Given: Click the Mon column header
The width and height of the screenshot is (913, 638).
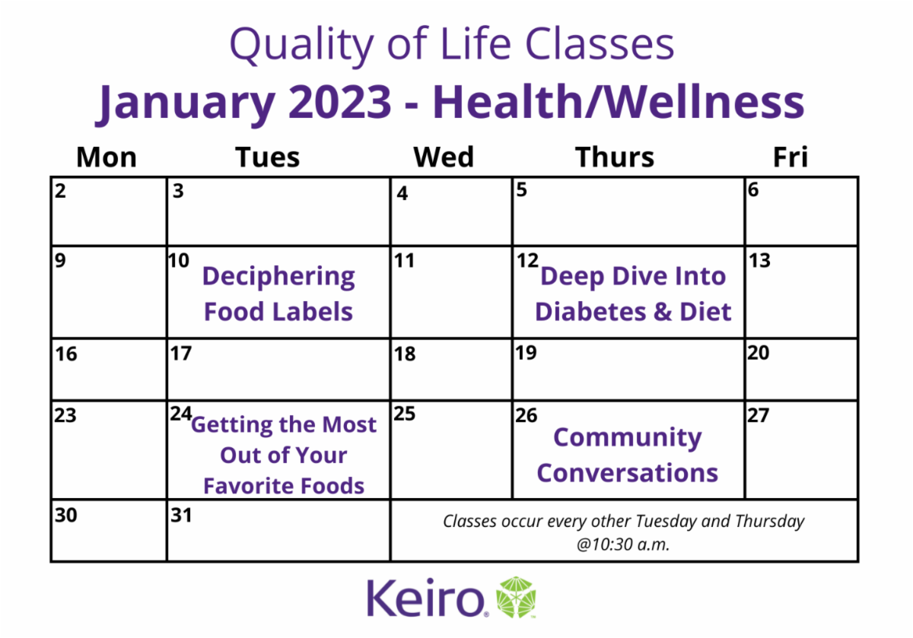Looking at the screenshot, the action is (x=107, y=157).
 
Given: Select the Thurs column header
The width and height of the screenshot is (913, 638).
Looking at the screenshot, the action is (x=614, y=157).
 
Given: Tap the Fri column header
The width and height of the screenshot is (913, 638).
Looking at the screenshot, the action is (x=791, y=157).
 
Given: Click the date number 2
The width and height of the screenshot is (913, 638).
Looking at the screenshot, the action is (x=60, y=191).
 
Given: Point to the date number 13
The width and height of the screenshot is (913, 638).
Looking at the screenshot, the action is (x=760, y=260).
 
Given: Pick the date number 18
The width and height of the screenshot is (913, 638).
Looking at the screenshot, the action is (x=405, y=354).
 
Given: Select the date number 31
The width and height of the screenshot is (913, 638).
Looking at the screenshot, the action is (x=181, y=515).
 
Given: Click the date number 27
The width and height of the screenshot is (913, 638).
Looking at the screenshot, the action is (x=758, y=415).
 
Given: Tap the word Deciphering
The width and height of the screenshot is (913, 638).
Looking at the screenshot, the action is (x=278, y=278).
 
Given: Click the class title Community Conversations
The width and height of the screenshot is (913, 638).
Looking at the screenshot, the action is (x=627, y=455).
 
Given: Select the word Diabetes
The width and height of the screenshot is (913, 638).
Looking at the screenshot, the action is (x=590, y=312).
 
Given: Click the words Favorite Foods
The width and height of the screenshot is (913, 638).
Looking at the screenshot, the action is (x=284, y=486).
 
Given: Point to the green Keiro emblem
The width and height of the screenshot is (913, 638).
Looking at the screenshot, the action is (x=516, y=597).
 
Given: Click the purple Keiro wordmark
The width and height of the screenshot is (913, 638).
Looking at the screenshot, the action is (x=426, y=597).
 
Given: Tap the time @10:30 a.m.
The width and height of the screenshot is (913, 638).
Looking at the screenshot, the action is (x=623, y=544).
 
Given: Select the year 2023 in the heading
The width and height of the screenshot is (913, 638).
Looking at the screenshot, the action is (x=340, y=102).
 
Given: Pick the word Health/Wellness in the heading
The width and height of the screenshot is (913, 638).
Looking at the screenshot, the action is (x=619, y=101).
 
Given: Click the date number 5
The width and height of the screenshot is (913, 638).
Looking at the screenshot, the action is (x=522, y=189).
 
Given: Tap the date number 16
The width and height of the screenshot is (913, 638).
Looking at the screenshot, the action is (x=66, y=354).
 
